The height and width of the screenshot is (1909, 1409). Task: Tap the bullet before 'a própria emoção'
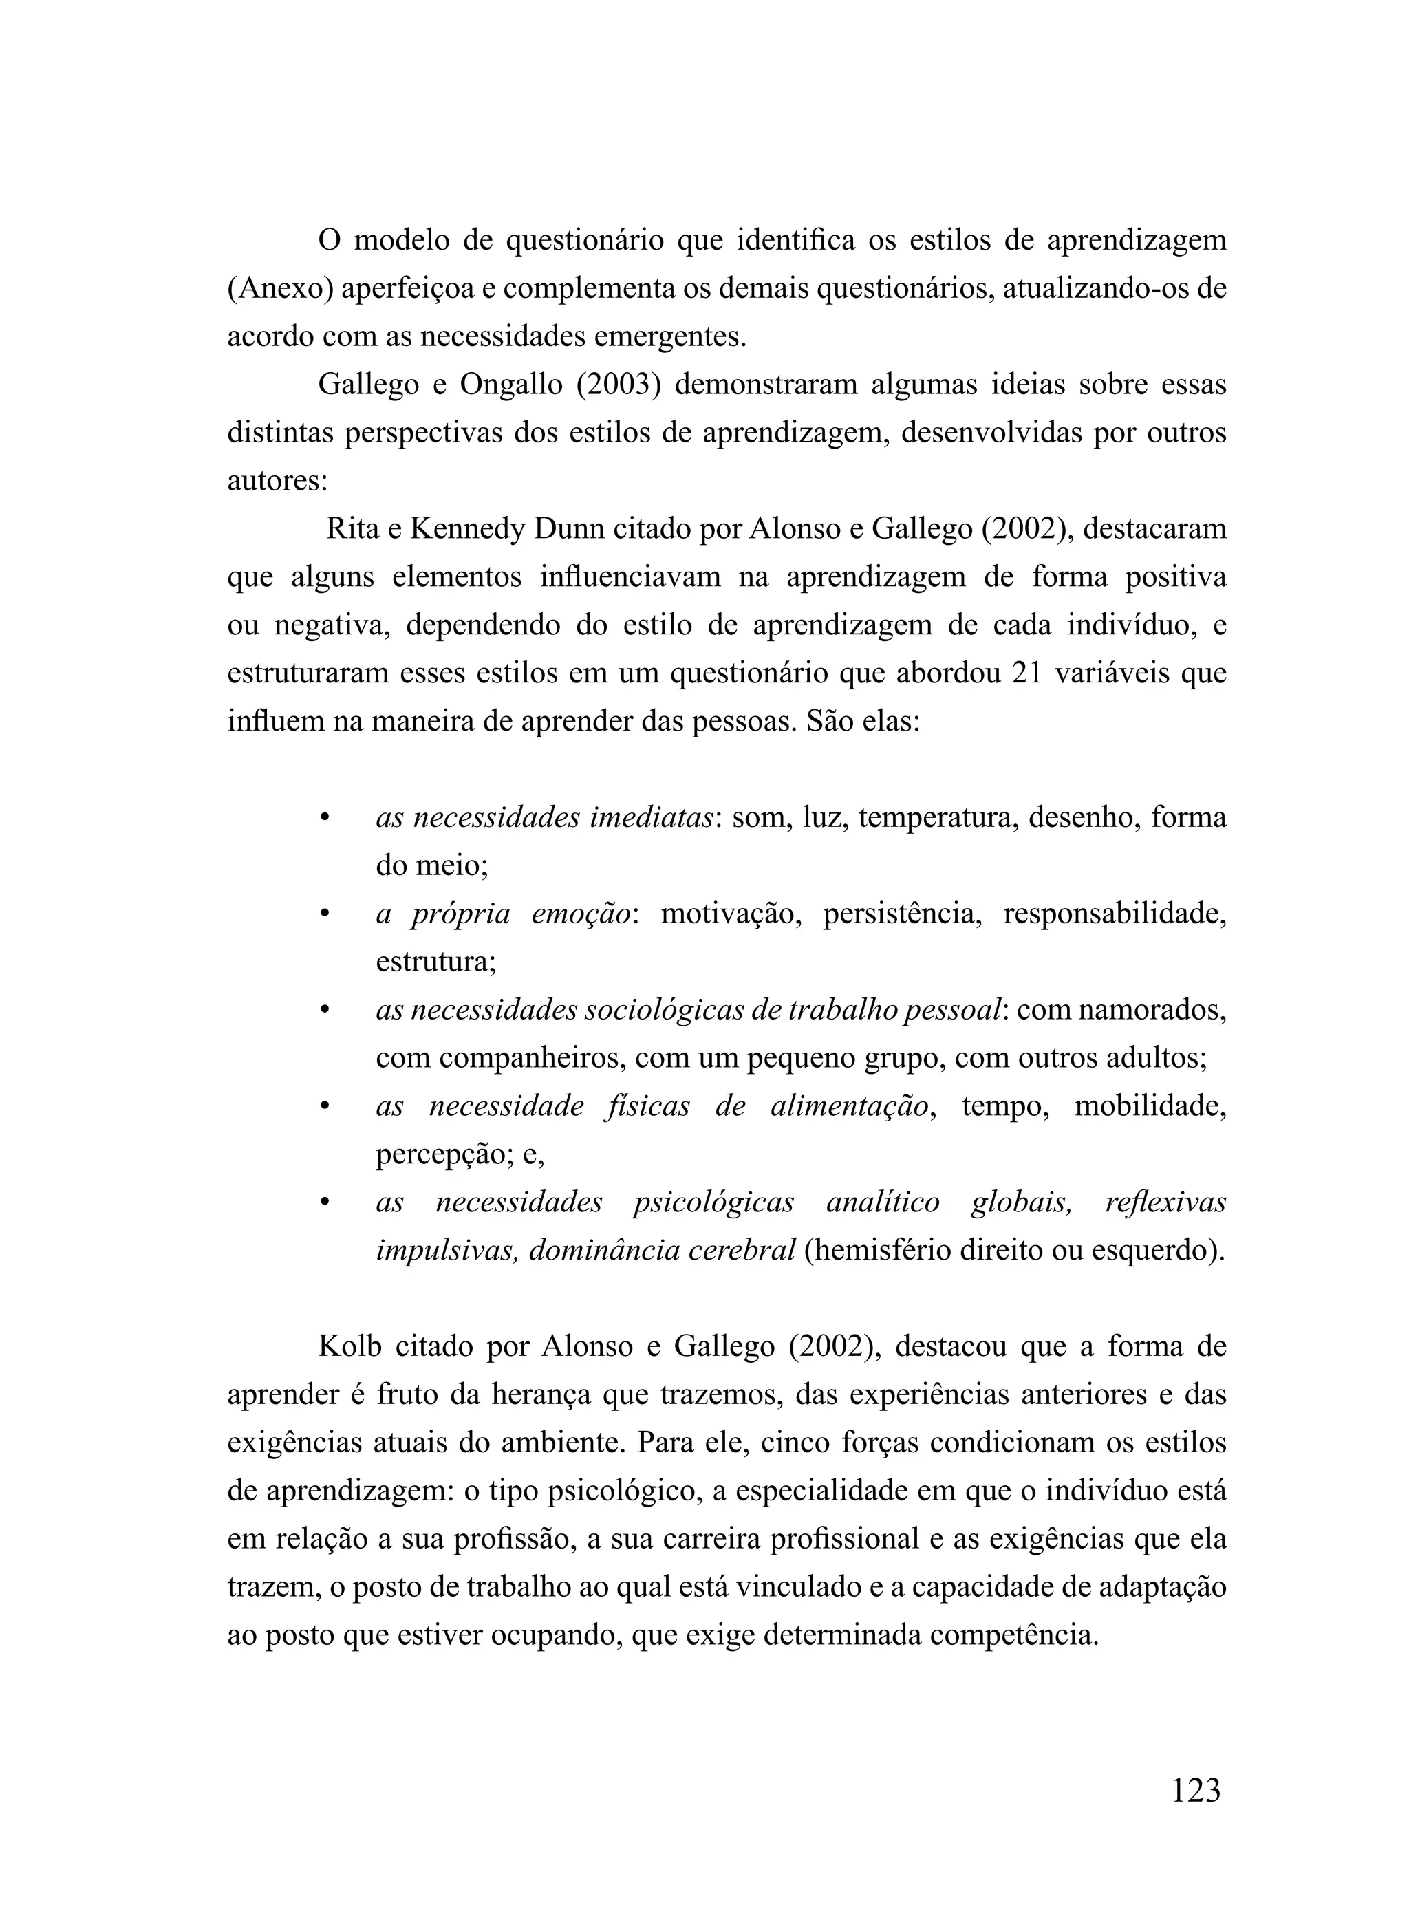[x=324, y=914]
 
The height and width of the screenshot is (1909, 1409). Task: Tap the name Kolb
[x=348, y=1347]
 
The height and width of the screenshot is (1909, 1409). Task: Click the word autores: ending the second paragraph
[x=277, y=482]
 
